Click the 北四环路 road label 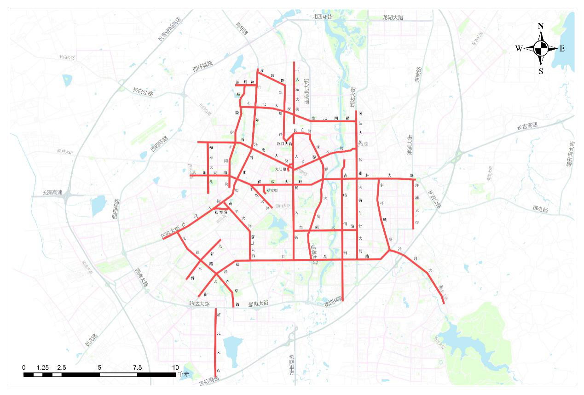pos(322,17)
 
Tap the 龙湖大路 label pos(393,17)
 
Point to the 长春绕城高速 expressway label pos(170,29)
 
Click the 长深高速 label pos(52,193)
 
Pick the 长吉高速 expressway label pos(527,126)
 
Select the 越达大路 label pos(199,304)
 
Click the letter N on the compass pos(541,26)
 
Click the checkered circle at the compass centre pos(541,47)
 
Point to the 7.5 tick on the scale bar pos(137,368)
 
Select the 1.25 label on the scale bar pos(43,368)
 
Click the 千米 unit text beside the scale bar pos(183,374)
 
